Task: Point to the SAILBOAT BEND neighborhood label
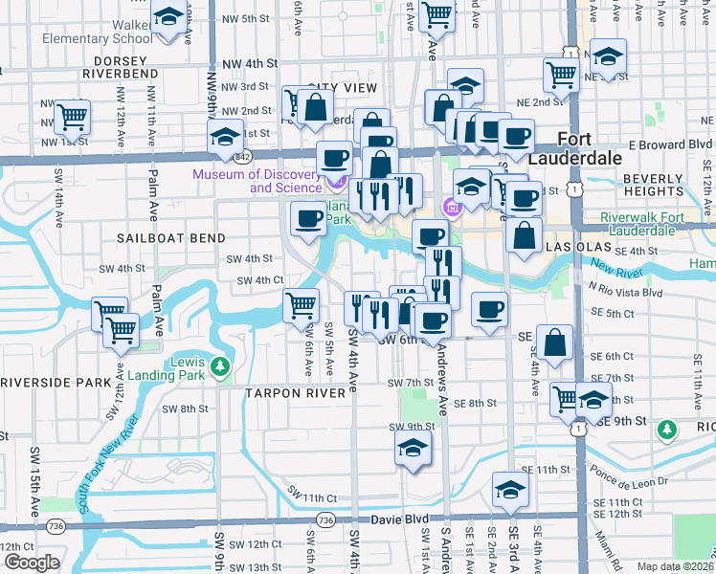171,238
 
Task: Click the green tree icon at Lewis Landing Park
220,367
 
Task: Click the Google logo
32,562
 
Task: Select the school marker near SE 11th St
510,492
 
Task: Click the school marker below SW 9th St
413,448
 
